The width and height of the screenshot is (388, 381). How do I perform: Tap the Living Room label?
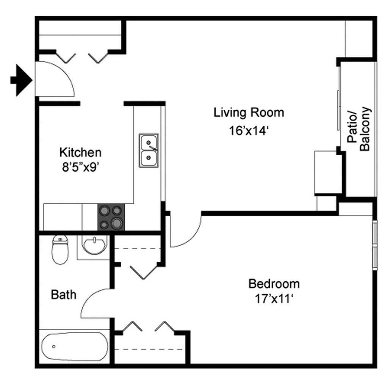pos(249,112)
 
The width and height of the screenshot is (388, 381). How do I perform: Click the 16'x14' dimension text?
pos(249,131)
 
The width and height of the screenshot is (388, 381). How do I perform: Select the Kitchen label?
pos(80,153)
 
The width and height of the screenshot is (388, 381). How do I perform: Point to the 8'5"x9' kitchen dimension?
pos(80,167)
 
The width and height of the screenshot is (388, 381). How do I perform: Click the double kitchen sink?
pos(149,150)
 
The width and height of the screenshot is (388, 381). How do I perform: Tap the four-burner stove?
pos(111,217)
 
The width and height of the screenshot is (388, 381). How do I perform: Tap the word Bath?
pos(64,294)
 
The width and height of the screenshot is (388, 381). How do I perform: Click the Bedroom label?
pos(274,283)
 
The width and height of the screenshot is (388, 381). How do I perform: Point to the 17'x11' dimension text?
pos(274,299)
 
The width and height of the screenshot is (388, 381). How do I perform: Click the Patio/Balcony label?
pos(359,129)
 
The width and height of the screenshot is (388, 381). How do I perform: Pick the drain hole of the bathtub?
pos(54,347)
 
